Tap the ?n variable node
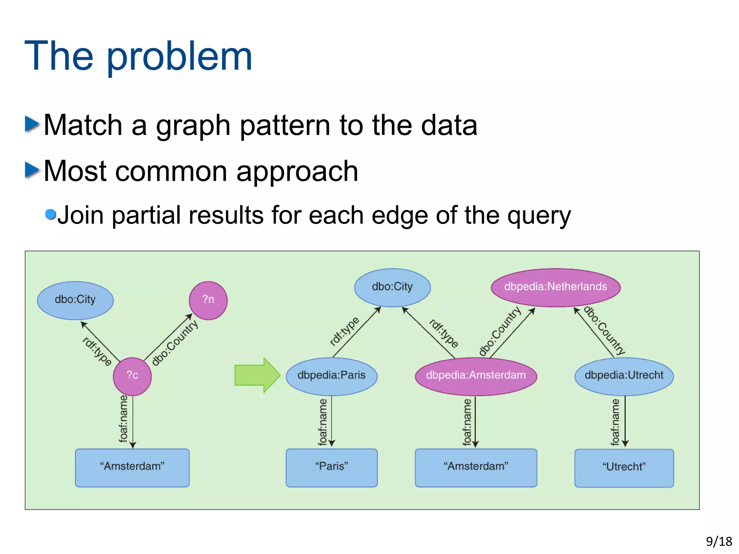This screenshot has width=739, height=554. coord(208,300)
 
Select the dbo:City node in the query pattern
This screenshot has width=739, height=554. coord(75,300)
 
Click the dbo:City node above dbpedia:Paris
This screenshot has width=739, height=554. coord(392,287)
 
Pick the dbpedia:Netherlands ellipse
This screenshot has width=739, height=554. coord(555,287)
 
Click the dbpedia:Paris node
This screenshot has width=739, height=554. coord(331,376)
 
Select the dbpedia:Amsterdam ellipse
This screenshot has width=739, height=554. coord(476,376)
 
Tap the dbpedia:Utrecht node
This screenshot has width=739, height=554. coord(624,376)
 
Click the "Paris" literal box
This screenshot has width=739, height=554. coord(331,467)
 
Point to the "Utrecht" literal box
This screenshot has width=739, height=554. coord(624,468)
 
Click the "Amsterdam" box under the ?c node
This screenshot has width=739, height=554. coord(132,467)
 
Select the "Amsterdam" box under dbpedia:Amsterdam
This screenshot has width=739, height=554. coord(476,467)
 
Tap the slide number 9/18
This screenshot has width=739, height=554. coord(719,541)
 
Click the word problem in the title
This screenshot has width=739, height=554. coord(179,57)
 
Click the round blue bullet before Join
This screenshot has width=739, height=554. coord(51,214)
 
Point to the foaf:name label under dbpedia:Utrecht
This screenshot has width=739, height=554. coord(615,422)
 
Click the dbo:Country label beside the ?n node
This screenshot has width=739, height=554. coord(175,343)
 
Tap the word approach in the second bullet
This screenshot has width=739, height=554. coord(297,171)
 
